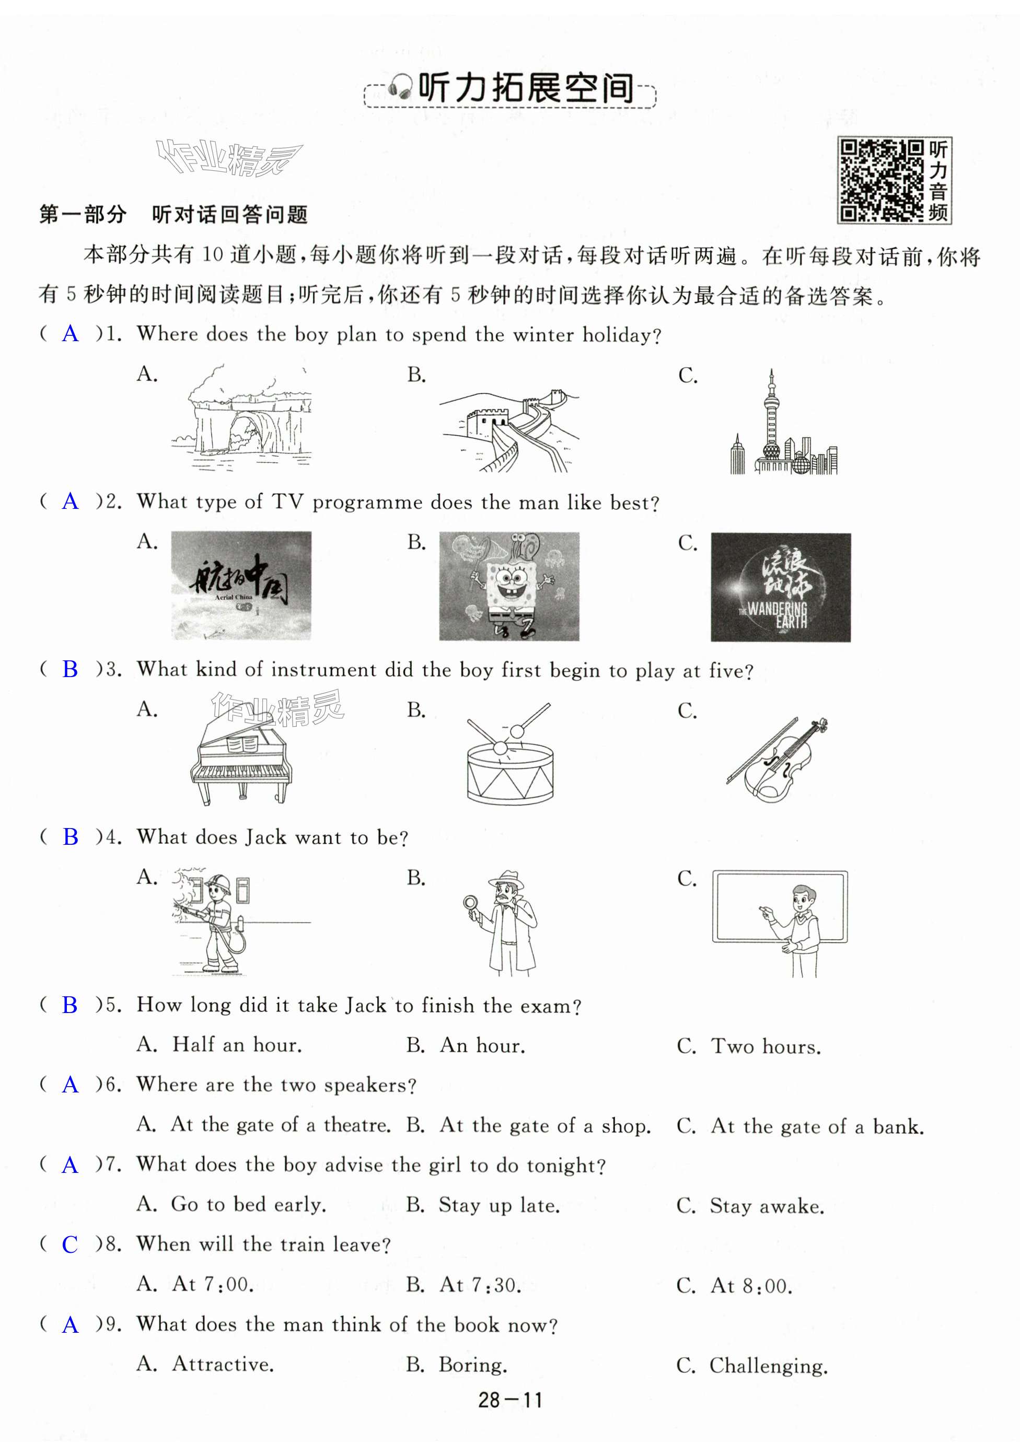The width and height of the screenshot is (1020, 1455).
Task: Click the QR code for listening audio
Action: click(x=880, y=181)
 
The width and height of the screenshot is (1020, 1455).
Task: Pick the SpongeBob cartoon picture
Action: click(x=509, y=586)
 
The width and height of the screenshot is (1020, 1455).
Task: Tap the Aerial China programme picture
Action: click(x=241, y=586)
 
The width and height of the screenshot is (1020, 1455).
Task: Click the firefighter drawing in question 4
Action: click(x=215, y=922)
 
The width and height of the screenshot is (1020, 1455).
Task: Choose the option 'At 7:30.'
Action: click(x=481, y=1285)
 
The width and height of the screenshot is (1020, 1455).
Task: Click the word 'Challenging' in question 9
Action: click(x=768, y=1365)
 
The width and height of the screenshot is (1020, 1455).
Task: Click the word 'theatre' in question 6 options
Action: click(x=356, y=1125)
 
